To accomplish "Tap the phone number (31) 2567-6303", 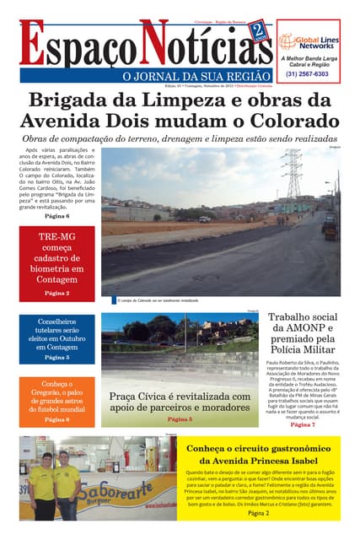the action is (x=308, y=73).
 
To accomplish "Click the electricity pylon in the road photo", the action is (x=295, y=174).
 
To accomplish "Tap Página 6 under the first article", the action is (x=57, y=216).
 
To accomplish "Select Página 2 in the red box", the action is (x=56, y=293).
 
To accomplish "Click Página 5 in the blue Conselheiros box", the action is (x=56, y=357).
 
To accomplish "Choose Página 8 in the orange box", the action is (x=56, y=419).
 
